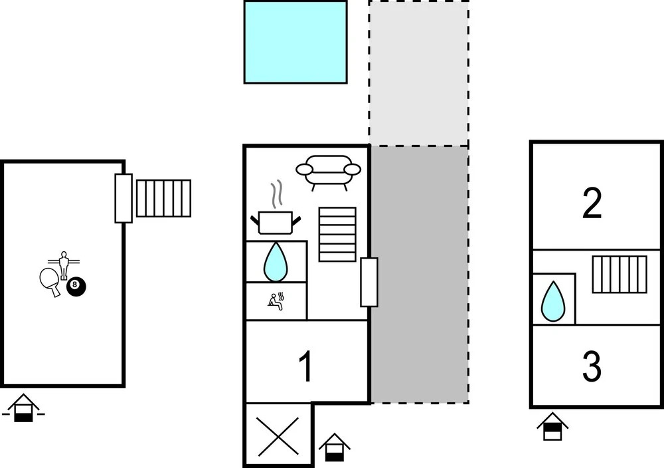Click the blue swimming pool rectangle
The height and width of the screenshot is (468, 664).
295,42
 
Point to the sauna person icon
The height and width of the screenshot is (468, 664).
276,301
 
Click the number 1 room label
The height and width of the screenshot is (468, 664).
305,367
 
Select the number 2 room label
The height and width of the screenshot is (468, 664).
592,204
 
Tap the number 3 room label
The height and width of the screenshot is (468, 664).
592,366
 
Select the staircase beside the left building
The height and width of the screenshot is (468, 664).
163,198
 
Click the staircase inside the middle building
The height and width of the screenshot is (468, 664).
337,234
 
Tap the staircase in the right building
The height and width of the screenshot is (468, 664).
620,275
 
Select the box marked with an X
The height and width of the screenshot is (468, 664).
277,435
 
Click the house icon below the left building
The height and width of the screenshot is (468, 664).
23,408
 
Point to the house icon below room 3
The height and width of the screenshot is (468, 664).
552,426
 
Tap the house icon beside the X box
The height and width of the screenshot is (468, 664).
334,447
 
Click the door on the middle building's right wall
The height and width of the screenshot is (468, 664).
369,282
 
